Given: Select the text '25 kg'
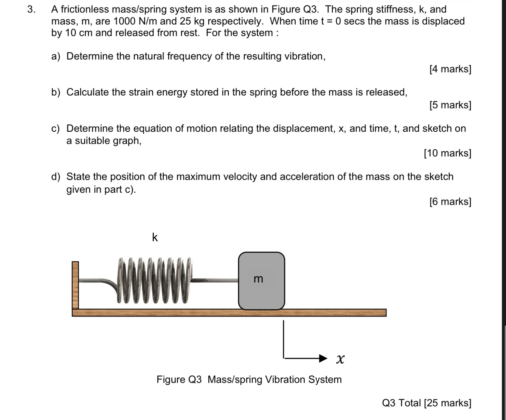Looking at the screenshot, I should click(192, 21).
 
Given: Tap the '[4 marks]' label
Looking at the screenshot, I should click(450, 69).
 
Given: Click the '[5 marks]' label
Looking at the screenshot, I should click(450, 105).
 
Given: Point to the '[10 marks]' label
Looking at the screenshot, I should click(447, 153).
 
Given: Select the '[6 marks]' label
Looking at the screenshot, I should click(450, 201).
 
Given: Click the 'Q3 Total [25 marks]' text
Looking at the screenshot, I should click(426, 403).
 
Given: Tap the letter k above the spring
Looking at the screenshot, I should click(155, 237).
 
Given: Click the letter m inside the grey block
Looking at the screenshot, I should click(258, 279).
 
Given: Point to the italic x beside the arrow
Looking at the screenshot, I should click(340, 359).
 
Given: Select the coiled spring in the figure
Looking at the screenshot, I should click(154, 281).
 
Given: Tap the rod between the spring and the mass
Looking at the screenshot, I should click(215, 280).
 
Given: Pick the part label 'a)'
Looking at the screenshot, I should click(56, 56).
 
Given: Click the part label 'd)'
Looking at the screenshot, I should click(56, 177).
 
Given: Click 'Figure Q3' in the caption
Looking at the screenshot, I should click(179, 379).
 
